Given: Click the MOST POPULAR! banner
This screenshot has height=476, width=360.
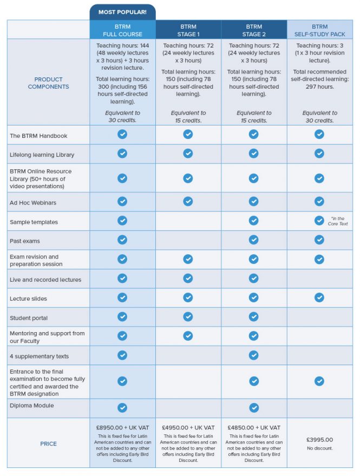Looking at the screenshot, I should coord(122,12).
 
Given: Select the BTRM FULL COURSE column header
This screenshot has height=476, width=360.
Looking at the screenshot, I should coord(122,30).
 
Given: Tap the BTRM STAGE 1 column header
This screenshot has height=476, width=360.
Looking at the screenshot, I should coord(188,30).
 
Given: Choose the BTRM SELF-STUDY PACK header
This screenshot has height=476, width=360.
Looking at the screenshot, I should coord(319,30).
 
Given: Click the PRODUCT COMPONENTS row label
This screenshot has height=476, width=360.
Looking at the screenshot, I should coord(49,83).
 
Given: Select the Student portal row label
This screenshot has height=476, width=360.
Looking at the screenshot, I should coord(29,318).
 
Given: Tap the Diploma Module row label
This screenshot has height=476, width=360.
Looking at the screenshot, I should coord(32,405).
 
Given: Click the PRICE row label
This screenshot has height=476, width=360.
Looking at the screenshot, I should coord(49,444).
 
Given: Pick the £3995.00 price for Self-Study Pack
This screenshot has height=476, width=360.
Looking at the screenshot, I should coord(319,440).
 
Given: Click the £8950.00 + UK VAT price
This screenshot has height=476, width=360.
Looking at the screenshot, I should coord(122,427).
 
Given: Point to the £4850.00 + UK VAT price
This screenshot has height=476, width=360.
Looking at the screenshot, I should coord(253,427).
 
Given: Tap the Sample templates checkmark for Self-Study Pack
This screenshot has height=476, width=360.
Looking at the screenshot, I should coord(319,220).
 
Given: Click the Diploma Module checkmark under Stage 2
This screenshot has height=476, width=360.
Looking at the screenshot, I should coord(253,407).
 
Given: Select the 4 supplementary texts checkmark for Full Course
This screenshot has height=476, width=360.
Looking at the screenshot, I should coord(122,355).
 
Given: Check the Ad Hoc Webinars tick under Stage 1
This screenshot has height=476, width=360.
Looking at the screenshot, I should coord(188,201).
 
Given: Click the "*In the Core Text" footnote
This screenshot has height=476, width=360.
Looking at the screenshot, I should coord(338,221).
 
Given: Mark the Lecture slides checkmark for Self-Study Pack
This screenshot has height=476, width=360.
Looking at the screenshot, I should coord(319,297).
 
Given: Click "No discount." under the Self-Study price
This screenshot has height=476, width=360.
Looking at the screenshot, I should coord(319,448).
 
